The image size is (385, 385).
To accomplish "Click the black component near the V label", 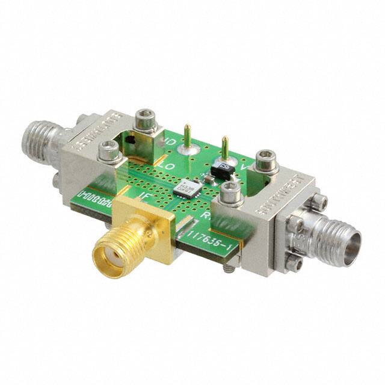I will pyautogui.click(x=223, y=170).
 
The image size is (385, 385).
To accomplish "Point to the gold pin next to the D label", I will pyautogui.click(x=188, y=135).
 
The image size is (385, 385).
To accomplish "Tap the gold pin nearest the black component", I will pyautogui.click(x=225, y=147).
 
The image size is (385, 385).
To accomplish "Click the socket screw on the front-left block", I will pyautogui.click(x=108, y=150).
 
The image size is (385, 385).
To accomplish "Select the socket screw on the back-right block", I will pyautogui.click(x=266, y=159).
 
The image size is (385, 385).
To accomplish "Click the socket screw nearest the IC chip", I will pyautogui.click(x=230, y=192).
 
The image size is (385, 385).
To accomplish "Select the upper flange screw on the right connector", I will pyautogui.click(x=319, y=202).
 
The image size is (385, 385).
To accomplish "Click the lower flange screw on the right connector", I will pyautogui.click(x=294, y=263).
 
